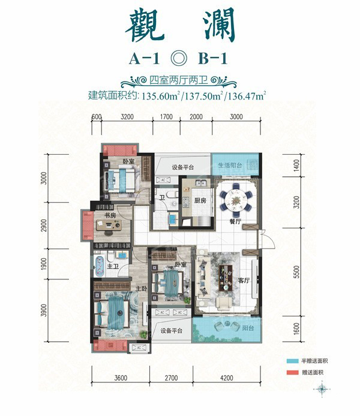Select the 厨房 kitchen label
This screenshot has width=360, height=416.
click(200, 201)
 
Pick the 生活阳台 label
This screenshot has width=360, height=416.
click(229, 165)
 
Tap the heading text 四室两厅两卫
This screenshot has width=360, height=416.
click(179, 81)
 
